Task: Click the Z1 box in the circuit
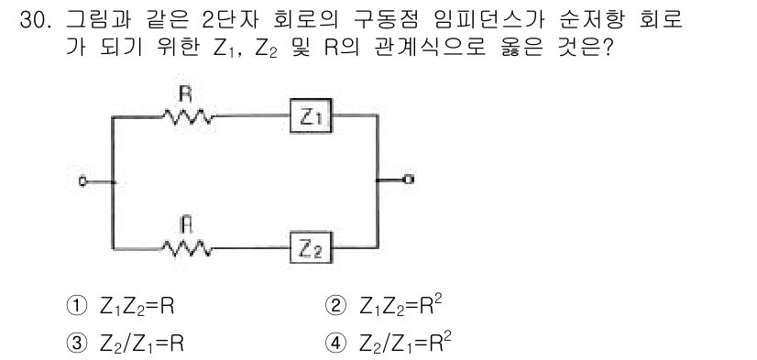(x=310, y=116)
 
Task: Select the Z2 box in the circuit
(x=310, y=247)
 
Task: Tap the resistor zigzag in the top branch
(x=187, y=116)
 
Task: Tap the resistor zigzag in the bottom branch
(x=187, y=247)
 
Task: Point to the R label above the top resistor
(x=184, y=93)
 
